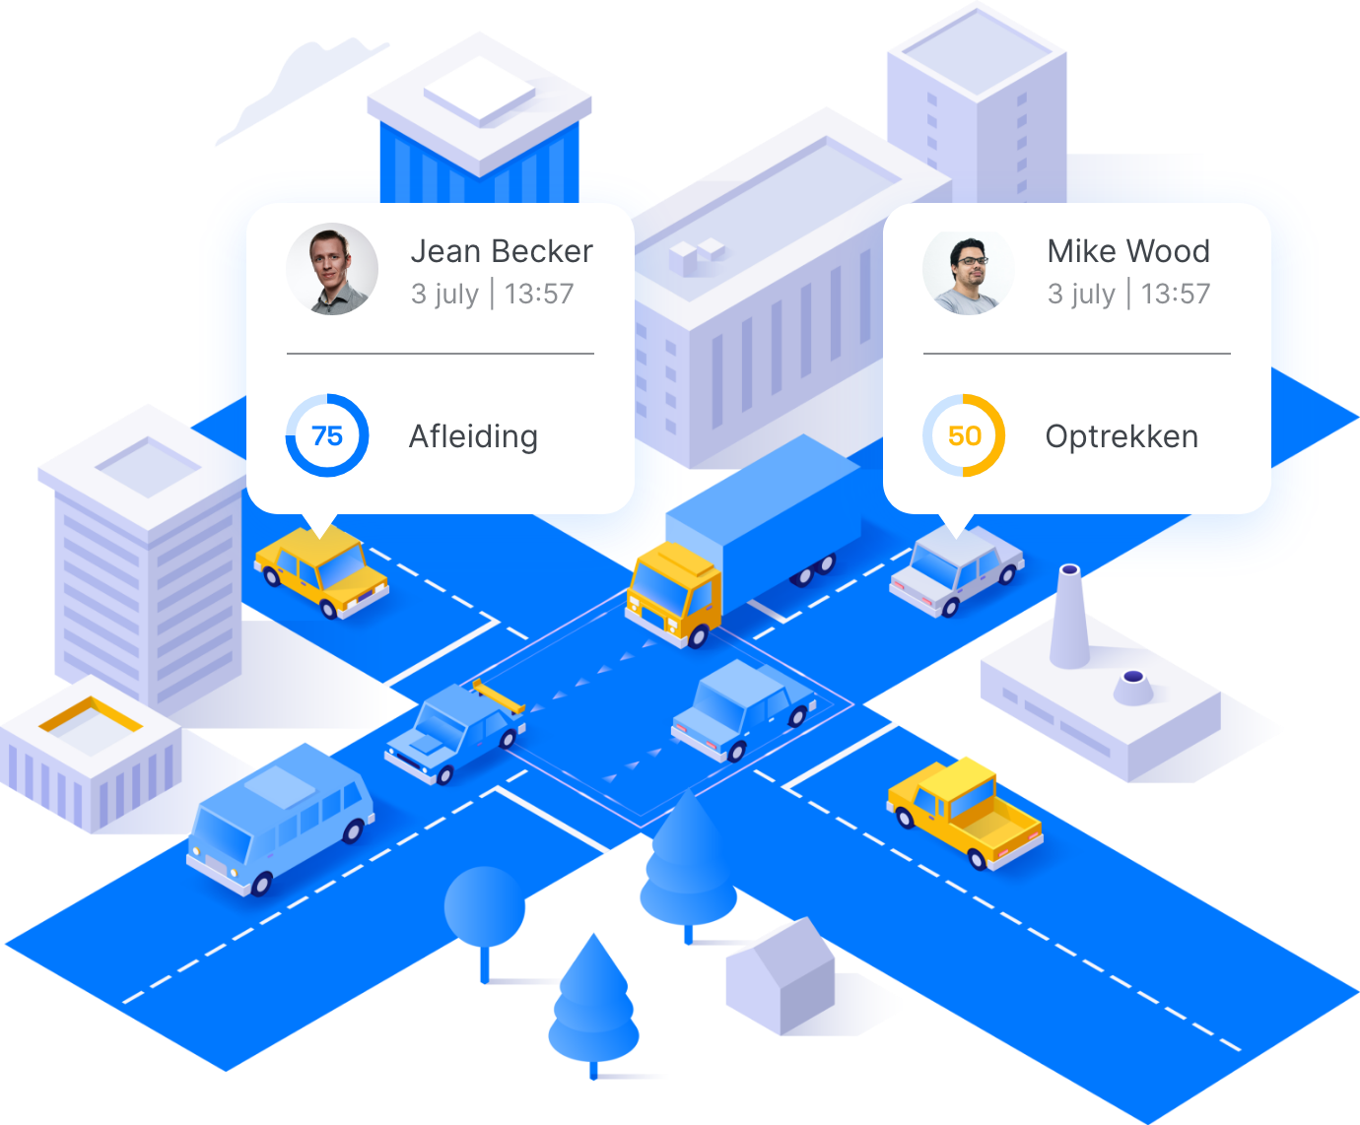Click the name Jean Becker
coord(501,251)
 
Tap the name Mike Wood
coord(1127,251)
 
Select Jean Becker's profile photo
coord(332,269)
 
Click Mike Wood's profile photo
coord(968,269)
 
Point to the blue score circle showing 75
coord(327,435)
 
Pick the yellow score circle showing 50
coord(964,435)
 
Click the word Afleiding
coord(473,435)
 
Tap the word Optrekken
coord(1122,435)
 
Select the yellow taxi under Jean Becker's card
coord(321,571)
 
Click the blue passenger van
coord(280,818)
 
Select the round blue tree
coord(485,906)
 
